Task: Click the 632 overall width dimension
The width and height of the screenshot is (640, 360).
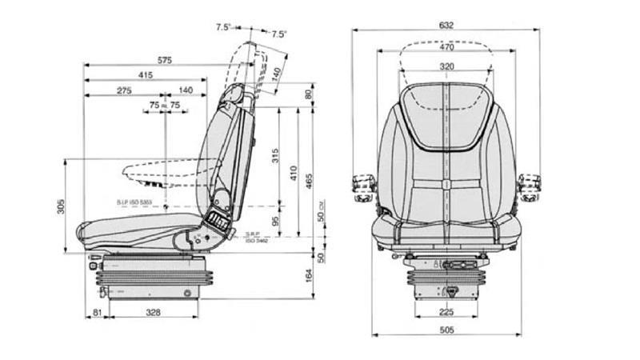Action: pos(446,25)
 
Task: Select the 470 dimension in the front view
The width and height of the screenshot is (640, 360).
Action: pos(446,46)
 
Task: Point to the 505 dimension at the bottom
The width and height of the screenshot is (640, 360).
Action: pos(446,328)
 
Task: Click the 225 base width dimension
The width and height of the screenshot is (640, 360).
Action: pos(446,312)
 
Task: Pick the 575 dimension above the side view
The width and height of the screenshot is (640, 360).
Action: pos(165,60)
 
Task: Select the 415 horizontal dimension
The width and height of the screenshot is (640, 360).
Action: pos(145,75)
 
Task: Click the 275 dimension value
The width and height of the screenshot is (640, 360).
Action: pos(124,91)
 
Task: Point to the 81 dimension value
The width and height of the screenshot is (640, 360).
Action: pos(96,313)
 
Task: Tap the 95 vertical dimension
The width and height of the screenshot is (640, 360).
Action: pos(275,221)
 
